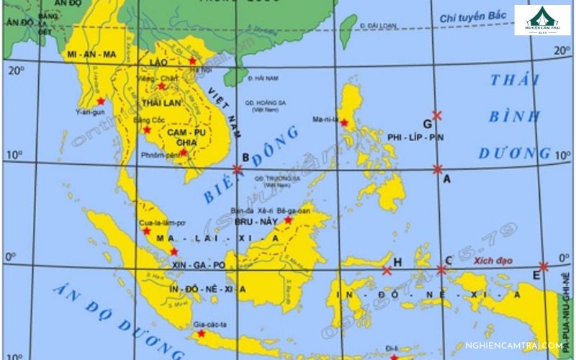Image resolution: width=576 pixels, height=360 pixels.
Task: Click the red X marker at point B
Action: coord(238,170)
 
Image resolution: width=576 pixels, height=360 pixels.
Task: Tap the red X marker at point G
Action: coord(437,115)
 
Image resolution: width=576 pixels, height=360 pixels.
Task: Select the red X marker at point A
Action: coord(438,169)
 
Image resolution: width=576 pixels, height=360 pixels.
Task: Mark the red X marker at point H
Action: coord(387,271)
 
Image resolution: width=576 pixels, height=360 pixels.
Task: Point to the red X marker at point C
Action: coord(441,270)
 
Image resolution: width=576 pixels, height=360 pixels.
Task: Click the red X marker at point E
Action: coord(543,266)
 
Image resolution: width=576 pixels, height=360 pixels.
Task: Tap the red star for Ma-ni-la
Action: coord(343,123)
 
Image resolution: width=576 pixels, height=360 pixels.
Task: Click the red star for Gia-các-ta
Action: coord(201,333)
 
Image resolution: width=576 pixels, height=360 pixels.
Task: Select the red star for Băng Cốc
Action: coord(147,130)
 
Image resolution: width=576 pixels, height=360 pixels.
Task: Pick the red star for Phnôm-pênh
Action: coord(184,152)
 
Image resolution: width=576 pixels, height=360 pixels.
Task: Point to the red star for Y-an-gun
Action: coord(100,101)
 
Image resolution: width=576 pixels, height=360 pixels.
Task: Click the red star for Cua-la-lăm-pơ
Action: coord(147,231)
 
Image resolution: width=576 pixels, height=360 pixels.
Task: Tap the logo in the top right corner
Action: coord(542,20)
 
